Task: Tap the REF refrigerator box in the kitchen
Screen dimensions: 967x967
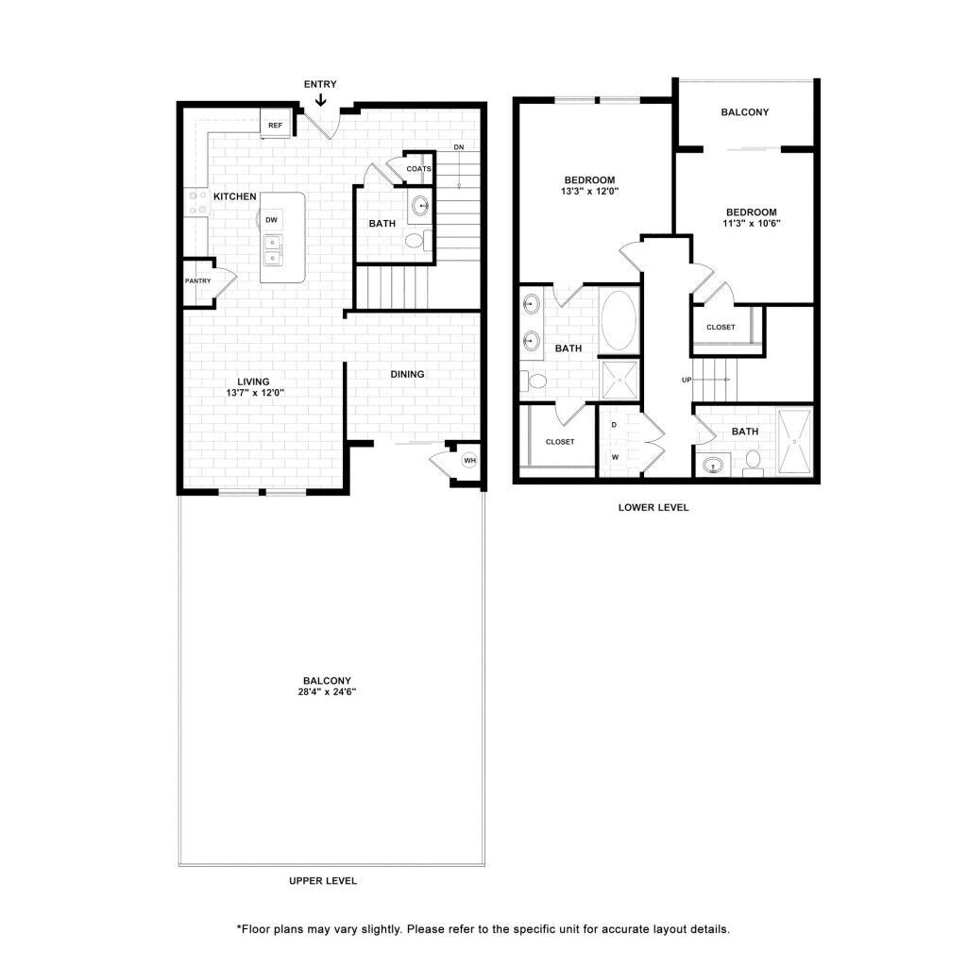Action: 275,125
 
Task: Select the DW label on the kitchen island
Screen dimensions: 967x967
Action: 271,220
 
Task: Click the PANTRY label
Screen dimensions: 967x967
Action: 197,280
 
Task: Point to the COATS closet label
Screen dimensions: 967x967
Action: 418,169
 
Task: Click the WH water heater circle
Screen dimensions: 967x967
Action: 469,461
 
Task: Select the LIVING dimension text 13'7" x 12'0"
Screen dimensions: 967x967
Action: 254,393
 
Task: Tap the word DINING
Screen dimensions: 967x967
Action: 408,374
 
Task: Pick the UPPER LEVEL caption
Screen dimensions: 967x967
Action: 323,881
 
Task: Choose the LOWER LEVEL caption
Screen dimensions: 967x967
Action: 653,507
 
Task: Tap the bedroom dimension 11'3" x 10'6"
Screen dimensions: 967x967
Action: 751,224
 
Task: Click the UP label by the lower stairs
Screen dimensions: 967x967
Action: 687,380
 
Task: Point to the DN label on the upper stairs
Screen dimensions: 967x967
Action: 458,147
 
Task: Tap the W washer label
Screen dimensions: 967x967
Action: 614,457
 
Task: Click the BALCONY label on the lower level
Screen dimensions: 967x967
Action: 744,112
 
